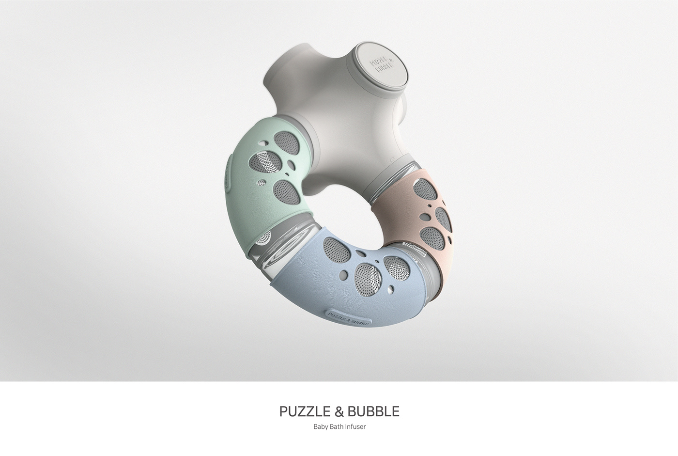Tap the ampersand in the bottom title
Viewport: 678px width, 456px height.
pos(339,411)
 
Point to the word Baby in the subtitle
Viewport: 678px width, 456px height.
pos(321,427)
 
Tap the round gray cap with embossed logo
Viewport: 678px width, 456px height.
pos(381,66)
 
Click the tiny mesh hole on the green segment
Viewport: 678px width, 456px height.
pos(261,183)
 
